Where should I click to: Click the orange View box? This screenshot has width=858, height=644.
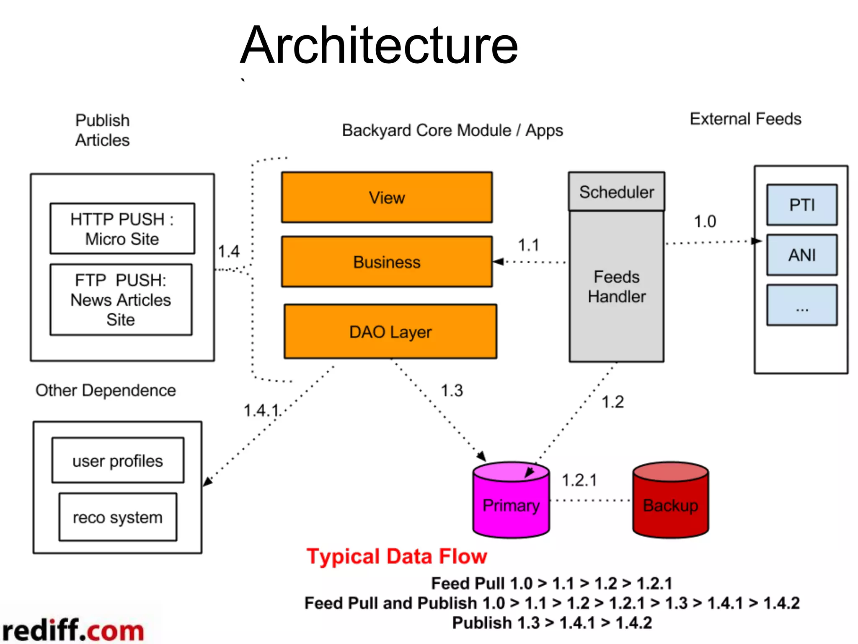pyautogui.click(x=387, y=197)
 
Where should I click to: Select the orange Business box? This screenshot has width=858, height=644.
pyautogui.click(x=387, y=262)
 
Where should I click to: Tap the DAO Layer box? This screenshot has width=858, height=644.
pyautogui.click(x=390, y=332)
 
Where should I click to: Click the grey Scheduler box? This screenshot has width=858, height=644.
pyautogui.click(x=616, y=192)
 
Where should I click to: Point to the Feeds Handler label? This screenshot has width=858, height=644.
pyautogui.click(x=616, y=287)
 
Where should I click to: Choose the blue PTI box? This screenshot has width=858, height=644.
pyautogui.click(x=802, y=205)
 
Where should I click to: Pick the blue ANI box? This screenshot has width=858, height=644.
pyautogui.click(x=802, y=255)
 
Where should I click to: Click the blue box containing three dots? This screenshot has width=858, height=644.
pyautogui.click(x=802, y=305)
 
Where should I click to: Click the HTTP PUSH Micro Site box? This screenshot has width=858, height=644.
pyautogui.click(x=122, y=229)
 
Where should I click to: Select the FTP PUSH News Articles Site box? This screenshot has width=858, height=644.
pyautogui.click(x=121, y=299)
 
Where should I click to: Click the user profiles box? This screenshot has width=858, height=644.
pyautogui.click(x=118, y=460)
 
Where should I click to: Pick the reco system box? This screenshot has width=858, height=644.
pyautogui.click(x=118, y=517)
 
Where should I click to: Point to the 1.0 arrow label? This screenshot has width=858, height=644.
pyautogui.click(x=705, y=221)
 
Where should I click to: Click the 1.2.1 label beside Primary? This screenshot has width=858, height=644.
pyautogui.click(x=579, y=480)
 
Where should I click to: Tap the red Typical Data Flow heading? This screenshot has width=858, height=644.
pyautogui.click(x=397, y=556)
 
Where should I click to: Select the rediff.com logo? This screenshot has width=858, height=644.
pyautogui.click(x=73, y=630)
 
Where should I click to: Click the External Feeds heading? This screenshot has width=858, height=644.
pyautogui.click(x=745, y=119)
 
